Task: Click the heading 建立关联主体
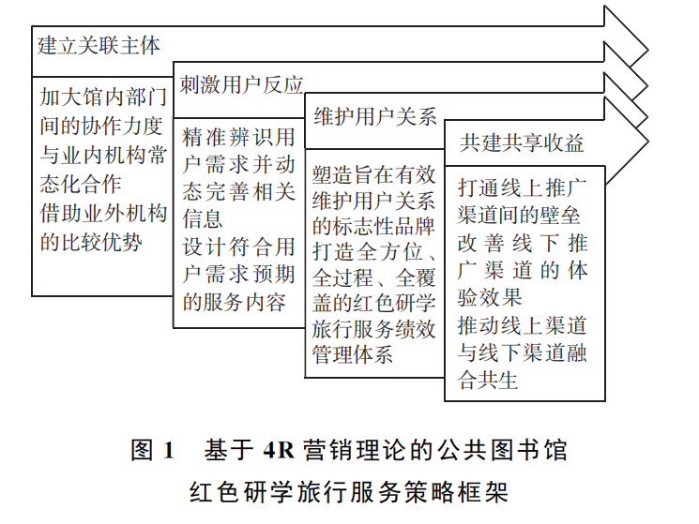click(99, 45)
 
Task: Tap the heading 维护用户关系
click(374, 117)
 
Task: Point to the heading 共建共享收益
click(522, 143)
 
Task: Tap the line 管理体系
click(352, 354)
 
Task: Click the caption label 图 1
click(153, 450)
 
